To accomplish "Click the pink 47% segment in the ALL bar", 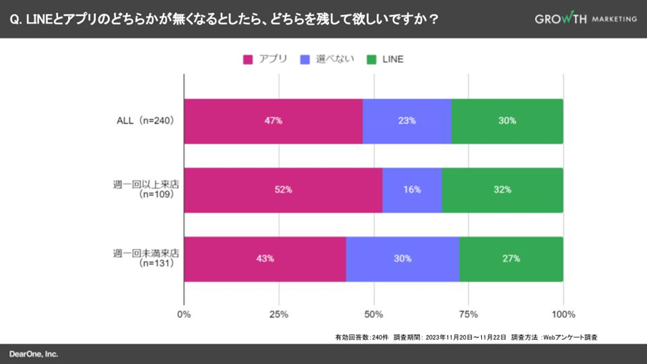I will coord(273,121).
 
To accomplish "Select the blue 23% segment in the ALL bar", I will coord(407,121).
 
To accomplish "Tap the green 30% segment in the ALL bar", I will coord(507,121).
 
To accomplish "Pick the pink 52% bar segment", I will coord(283,190).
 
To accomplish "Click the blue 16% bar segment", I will coord(412,190).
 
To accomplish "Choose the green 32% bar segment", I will coord(502,190).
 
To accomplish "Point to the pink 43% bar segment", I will coord(265,259).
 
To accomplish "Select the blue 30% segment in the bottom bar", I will coord(403,259).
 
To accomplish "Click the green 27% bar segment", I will coord(511,259).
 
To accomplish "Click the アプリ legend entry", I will coord(265,59).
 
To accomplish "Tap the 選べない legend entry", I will coord(327,59).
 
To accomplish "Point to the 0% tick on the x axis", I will coord(184,314).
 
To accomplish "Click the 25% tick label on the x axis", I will coord(279,314).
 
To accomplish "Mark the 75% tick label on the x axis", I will coord(468,314).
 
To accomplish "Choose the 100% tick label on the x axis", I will coord(563,314).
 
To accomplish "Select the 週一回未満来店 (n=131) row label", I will coord(146,258).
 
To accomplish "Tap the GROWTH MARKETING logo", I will coord(586,19).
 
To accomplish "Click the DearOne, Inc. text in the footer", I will coord(34,354).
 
